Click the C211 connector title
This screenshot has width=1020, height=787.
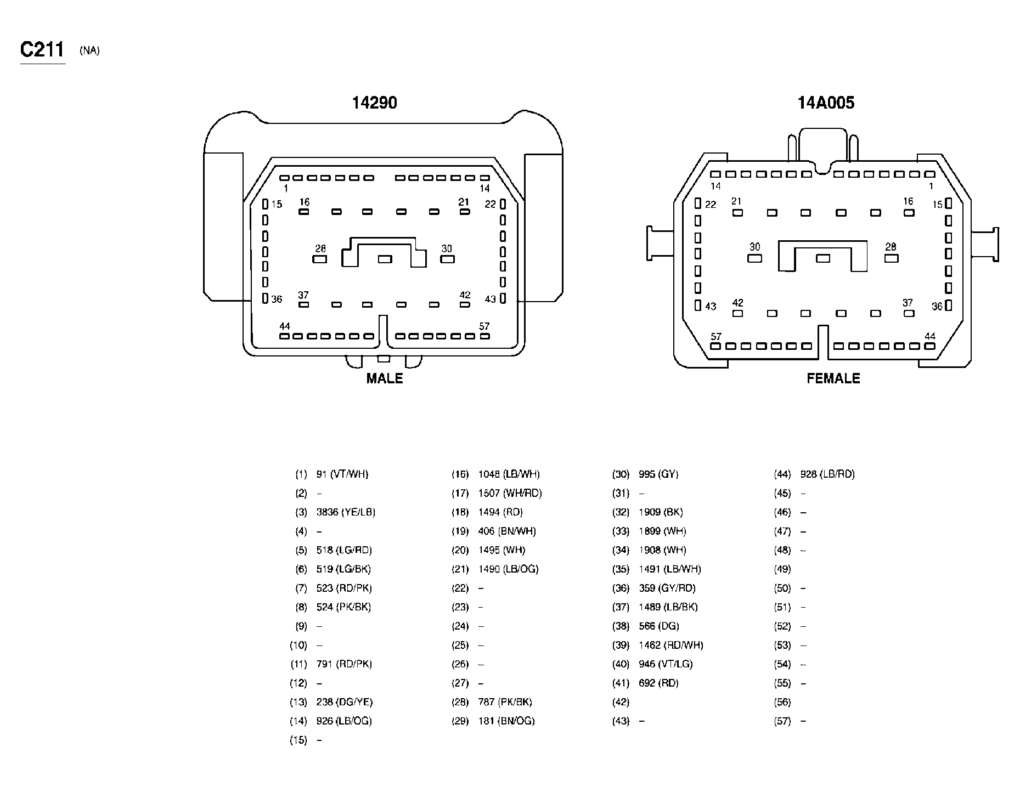(42, 50)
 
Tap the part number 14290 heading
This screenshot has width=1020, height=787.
(374, 103)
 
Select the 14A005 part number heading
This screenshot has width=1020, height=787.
(826, 103)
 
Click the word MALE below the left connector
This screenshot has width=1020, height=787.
(385, 378)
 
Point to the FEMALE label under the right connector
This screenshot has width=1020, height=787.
(833, 378)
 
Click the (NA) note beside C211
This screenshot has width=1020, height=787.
(89, 51)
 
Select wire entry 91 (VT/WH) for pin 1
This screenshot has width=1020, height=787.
(342, 474)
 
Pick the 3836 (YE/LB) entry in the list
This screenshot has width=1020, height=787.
(346, 512)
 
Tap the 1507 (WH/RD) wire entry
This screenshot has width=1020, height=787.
(510, 493)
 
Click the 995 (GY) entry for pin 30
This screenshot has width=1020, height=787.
(658, 474)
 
